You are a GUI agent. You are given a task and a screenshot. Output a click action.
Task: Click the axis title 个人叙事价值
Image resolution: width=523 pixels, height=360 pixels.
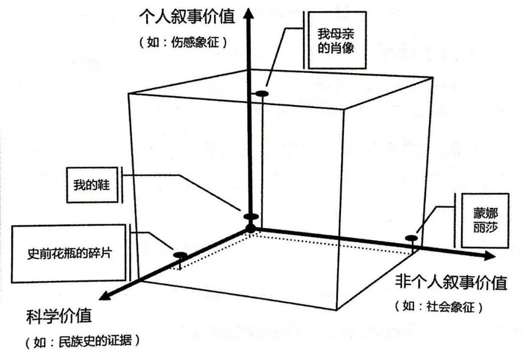click(187, 17)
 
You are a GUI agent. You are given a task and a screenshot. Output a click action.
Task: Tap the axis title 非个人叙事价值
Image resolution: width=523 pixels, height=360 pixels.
click(451, 282)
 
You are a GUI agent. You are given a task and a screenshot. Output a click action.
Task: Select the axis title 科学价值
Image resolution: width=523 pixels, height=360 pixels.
click(59, 317)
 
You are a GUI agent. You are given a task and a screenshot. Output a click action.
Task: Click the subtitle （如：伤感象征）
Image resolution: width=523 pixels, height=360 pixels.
click(184, 42)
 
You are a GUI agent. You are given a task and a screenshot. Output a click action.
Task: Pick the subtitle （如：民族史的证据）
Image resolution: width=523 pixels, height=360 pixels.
click(83, 342)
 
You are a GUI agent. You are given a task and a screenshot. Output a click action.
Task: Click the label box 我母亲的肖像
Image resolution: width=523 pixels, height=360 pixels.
click(337, 41)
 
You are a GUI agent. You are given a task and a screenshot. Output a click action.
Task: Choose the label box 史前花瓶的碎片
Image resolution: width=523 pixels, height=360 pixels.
click(70, 253)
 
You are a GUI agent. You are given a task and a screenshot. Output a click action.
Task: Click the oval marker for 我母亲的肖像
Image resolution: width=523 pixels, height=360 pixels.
click(262, 93)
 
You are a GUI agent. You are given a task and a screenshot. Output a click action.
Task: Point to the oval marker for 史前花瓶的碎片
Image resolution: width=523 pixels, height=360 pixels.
click(180, 255)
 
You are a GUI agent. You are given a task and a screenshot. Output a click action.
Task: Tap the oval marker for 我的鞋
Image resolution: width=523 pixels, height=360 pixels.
click(251, 217)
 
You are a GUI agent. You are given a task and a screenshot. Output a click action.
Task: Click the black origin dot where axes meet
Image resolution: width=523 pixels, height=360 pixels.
click(250, 227)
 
